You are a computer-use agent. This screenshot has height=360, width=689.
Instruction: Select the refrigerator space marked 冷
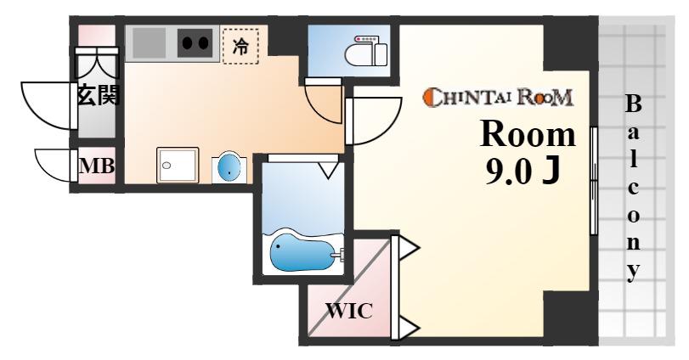[x=240, y=45]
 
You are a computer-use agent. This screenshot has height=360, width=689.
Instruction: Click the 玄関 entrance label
[x=98, y=95]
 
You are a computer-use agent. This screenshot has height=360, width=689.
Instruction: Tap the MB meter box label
[x=97, y=166]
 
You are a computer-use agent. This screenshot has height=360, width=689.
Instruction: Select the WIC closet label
[x=349, y=312]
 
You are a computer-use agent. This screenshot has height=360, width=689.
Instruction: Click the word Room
[x=528, y=133]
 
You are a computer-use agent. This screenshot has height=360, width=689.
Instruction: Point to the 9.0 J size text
[x=522, y=171]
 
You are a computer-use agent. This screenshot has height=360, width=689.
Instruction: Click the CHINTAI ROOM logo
[x=498, y=97]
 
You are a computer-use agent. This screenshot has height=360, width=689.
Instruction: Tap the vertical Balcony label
[x=633, y=188]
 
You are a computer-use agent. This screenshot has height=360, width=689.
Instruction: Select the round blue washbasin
[x=229, y=168]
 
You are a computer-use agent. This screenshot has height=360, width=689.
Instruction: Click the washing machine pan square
[x=178, y=165]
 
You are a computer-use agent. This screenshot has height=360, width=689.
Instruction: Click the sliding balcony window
[x=594, y=181]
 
